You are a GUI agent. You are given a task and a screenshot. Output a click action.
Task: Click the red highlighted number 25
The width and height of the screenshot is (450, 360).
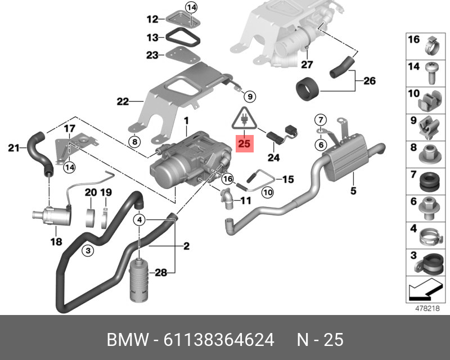pyautogui.click(x=244, y=144)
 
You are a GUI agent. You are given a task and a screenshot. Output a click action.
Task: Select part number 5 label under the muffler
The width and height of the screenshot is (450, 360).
pyautogui.click(x=353, y=191)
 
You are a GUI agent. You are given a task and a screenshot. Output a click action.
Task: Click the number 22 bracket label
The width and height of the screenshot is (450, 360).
pyautogui.click(x=123, y=102)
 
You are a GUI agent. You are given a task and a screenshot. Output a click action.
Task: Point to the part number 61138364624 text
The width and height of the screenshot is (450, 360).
pyautogui.click(x=219, y=340)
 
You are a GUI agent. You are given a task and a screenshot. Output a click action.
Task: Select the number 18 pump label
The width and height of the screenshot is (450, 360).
pyautogui.click(x=57, y=242)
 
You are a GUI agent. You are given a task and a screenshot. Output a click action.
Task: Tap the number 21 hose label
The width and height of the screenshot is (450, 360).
pyautogui.click(x=13, y=148)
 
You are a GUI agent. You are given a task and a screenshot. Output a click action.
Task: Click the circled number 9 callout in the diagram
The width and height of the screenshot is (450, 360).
pyautogui.click(x=250, y=95)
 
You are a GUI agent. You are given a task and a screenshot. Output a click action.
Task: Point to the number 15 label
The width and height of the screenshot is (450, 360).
pyautogui.click(x=287, y=180)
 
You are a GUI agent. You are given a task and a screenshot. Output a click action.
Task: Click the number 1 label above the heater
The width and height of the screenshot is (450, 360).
pyautogui.click(x=186, y=121)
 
